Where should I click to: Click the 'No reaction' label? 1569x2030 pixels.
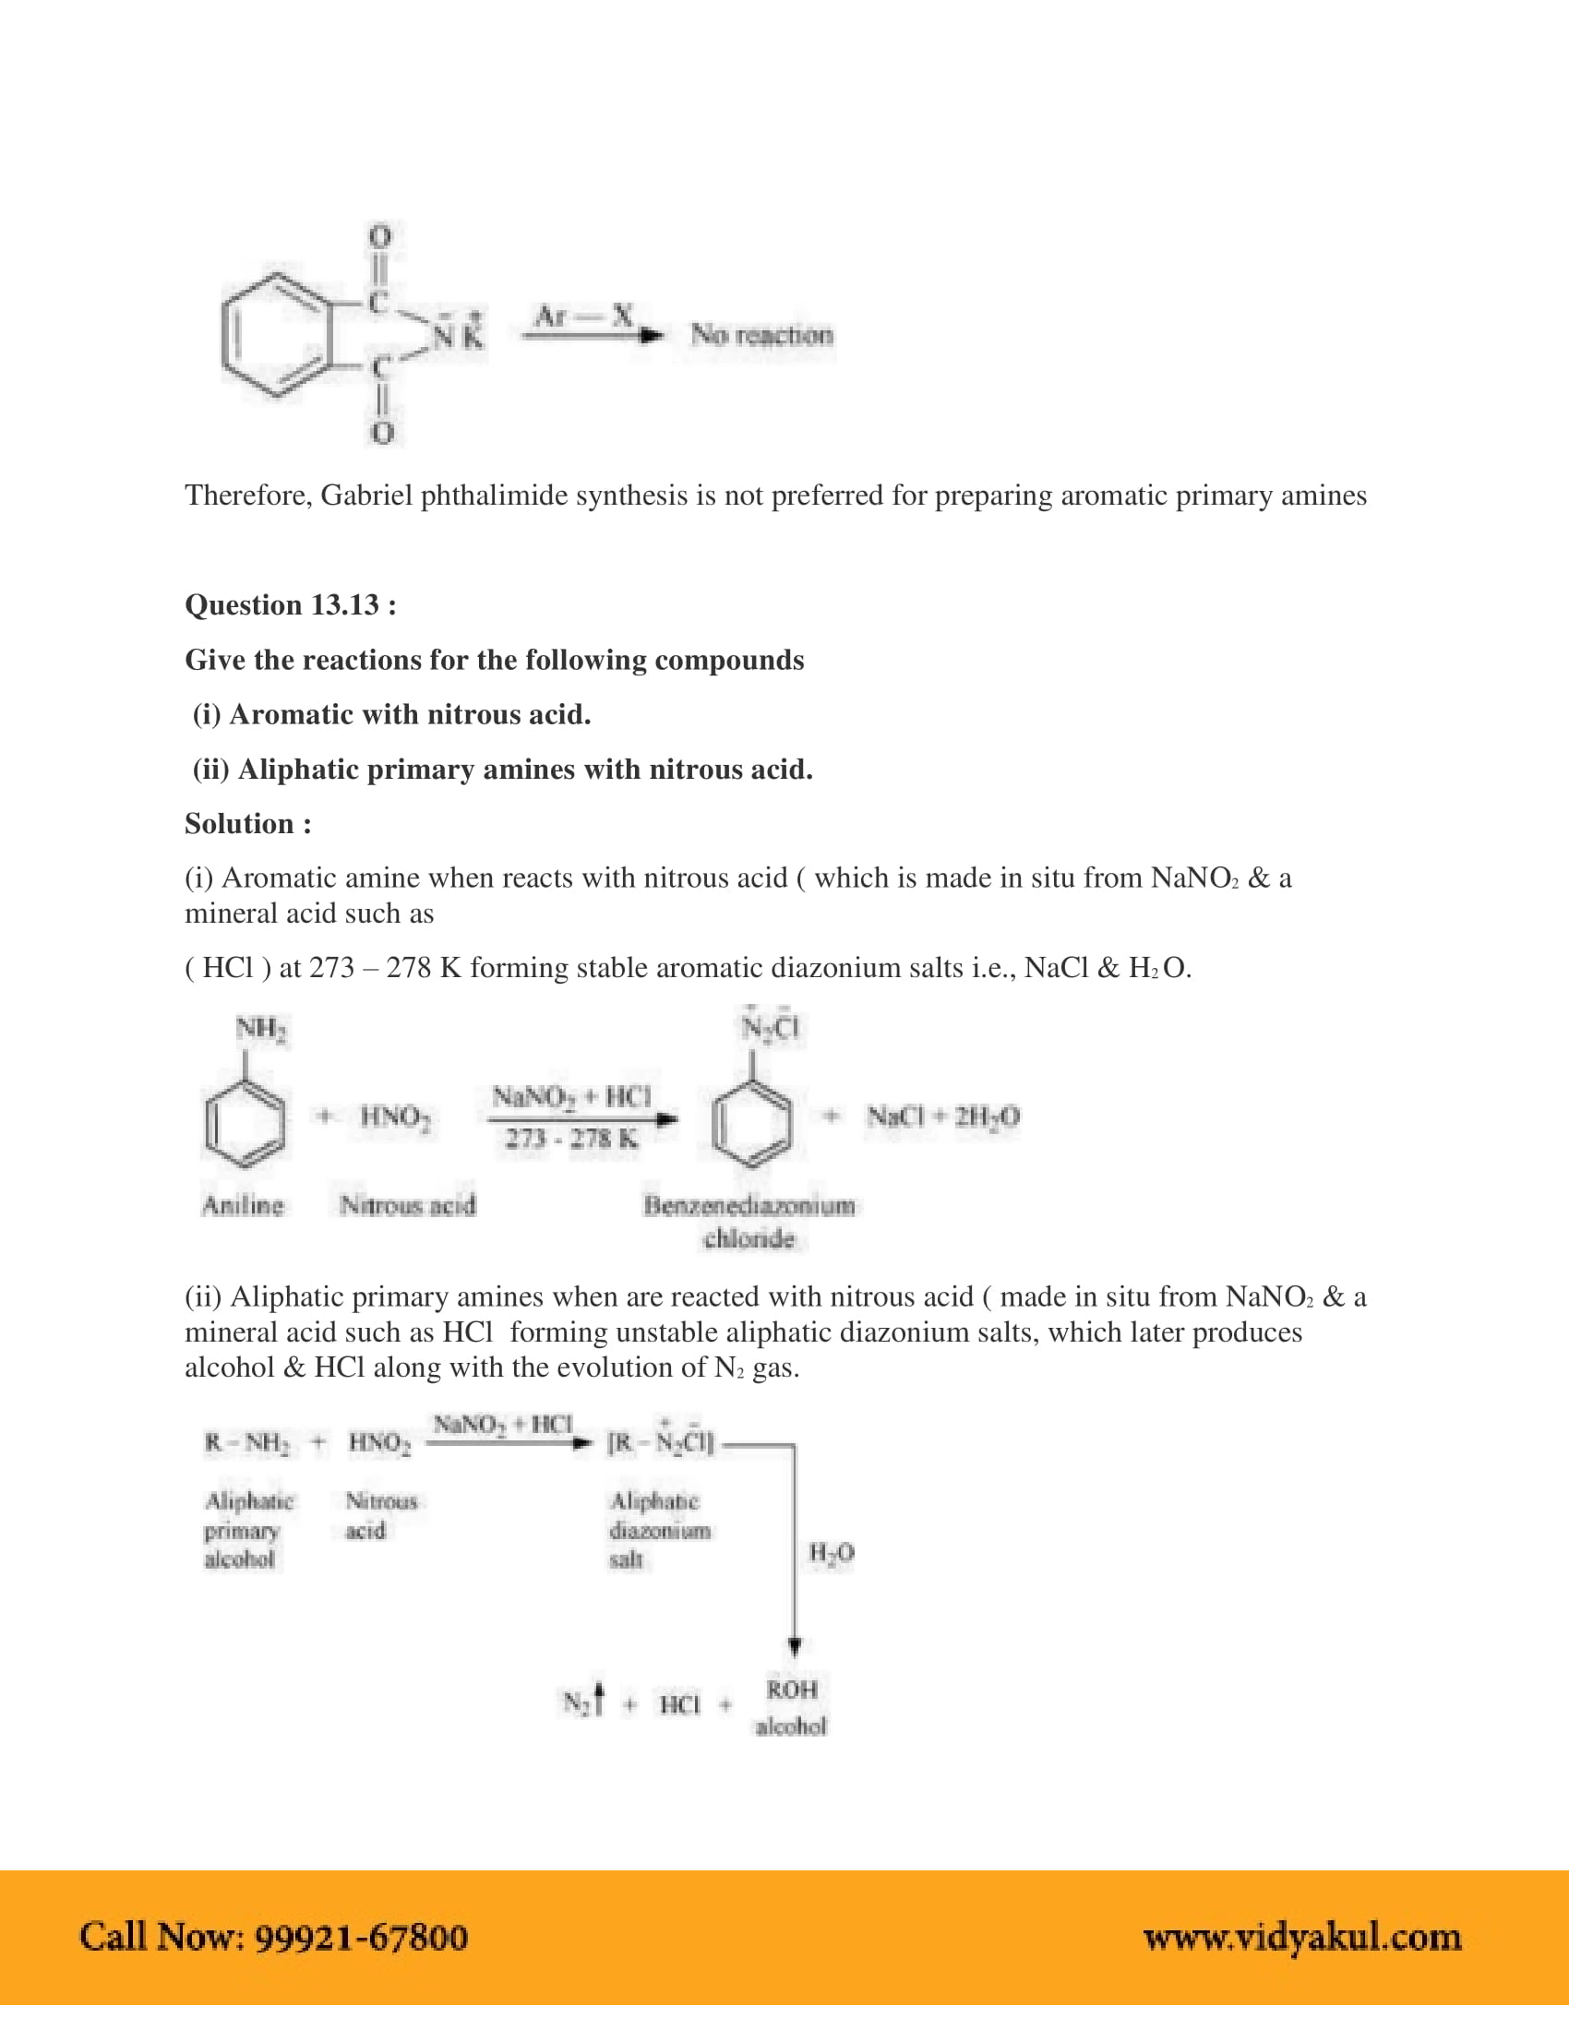tap(761, 335)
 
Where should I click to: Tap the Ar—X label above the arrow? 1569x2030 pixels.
tap(583, 316)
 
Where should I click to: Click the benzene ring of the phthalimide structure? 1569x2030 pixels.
tap(276, 336)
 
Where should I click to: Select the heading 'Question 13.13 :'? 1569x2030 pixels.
tap(290, 605)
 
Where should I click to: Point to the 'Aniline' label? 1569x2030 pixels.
tap(243, 1206)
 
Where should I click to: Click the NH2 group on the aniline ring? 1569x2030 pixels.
tap(260, 1029)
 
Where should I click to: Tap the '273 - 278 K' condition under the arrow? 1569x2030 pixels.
tap(571, 1139)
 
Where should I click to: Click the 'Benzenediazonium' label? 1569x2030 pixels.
tap(749, 1206)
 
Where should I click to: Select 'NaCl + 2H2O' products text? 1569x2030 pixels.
tap(942, 1116)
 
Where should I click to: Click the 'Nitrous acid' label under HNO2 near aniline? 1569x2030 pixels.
tap(407, 1206)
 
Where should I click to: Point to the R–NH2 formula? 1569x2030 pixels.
tap(246, 1443)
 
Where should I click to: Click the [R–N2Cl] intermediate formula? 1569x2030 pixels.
tap(660, 1442)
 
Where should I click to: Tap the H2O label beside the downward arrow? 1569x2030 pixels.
tap(831, 1552)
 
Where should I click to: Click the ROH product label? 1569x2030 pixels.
tap(791, 1689)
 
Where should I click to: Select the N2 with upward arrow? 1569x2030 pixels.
tap(582, 1702)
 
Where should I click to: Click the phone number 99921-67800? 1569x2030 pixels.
tap(361, 1938)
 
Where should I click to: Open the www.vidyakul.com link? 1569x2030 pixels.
tap(1301, 1938)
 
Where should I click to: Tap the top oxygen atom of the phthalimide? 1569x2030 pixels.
tap(380, 236)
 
